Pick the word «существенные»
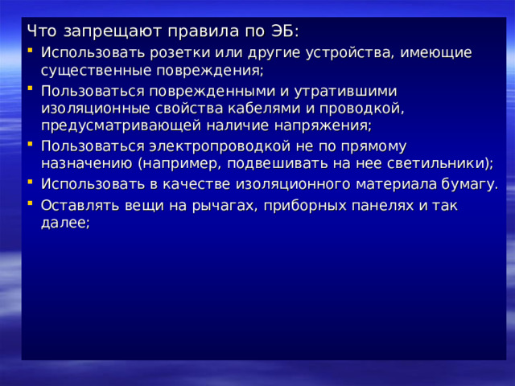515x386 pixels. tap(94, 70)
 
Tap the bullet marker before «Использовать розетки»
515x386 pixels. tap(30, 52)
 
